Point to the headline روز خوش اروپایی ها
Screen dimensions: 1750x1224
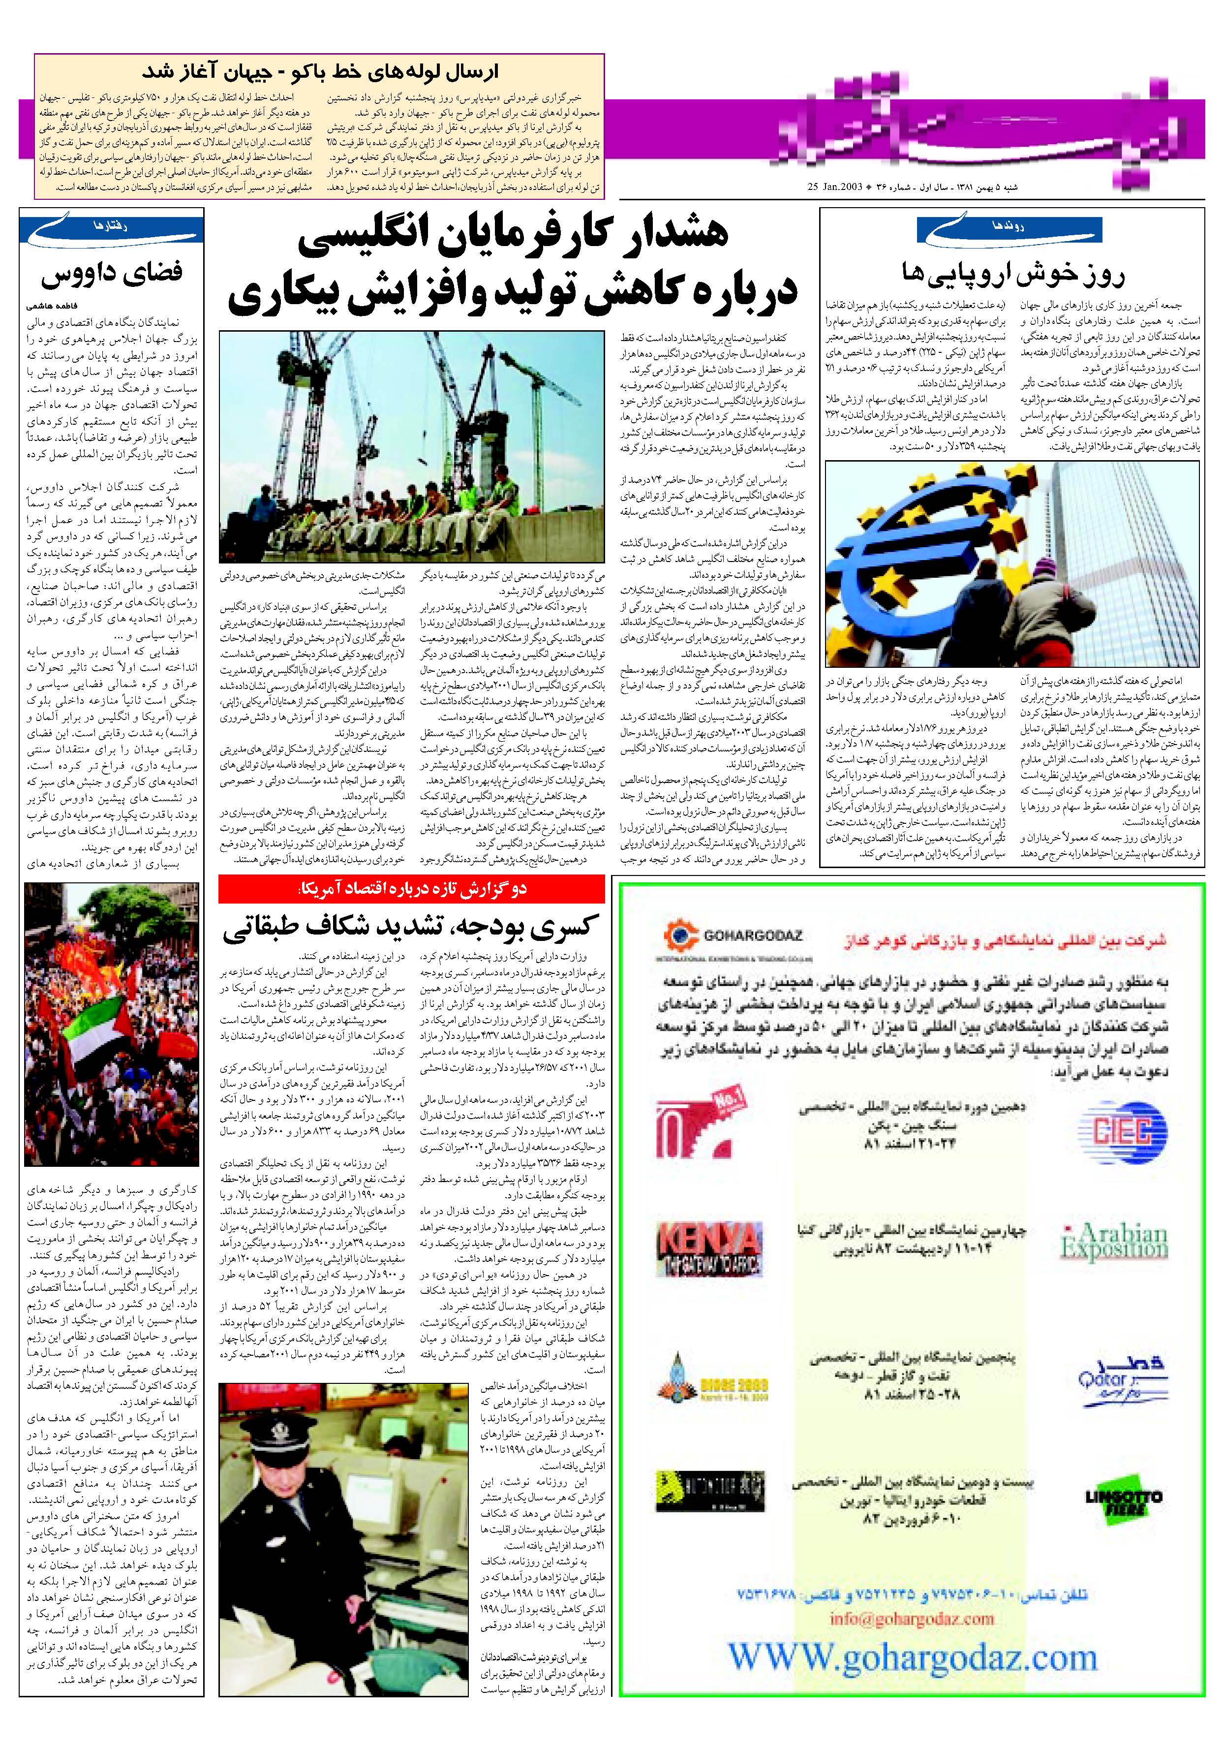pyautogui.click(x=1012, y=273)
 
